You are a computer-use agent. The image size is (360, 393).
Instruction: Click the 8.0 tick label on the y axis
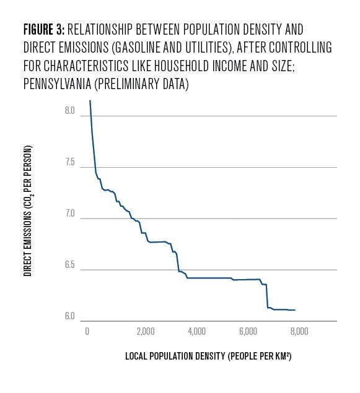(70, 110)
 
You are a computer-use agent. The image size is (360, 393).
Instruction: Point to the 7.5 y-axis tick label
(70, 162)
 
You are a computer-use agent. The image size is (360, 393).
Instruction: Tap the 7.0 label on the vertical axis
(70, 214)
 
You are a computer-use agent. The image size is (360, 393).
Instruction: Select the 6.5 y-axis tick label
(70, 265)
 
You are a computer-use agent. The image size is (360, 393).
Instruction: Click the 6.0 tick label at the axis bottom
(70, 316)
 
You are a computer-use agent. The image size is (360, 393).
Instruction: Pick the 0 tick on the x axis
(87, 331)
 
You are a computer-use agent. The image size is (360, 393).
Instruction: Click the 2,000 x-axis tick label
(146, 331)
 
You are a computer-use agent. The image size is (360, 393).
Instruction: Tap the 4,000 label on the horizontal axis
(196, 331)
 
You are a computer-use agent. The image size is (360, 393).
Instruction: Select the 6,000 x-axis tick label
(248, 331)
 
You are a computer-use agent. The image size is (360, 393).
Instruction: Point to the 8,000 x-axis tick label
(299, 331)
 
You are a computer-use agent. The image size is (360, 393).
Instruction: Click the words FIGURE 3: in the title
(44, 29)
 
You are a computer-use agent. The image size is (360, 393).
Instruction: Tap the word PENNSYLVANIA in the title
(57, 84)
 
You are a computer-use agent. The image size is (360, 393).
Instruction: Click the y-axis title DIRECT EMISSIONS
(28, 243)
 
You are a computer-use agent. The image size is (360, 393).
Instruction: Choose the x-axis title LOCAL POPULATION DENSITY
(175, 356)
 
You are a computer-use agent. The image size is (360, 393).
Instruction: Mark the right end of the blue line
(295, 310)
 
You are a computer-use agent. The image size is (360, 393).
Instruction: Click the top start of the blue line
(90, 100)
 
